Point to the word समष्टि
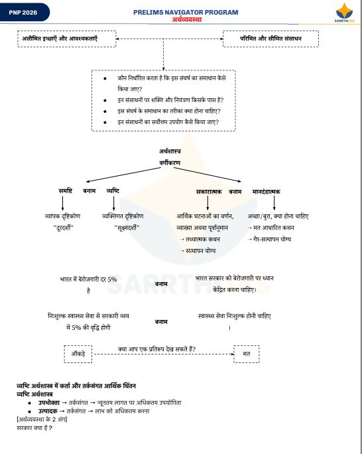coord(65,191)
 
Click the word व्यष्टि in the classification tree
coord(113,191)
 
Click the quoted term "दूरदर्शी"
coord(63,228)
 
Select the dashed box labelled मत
coord(246,353)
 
